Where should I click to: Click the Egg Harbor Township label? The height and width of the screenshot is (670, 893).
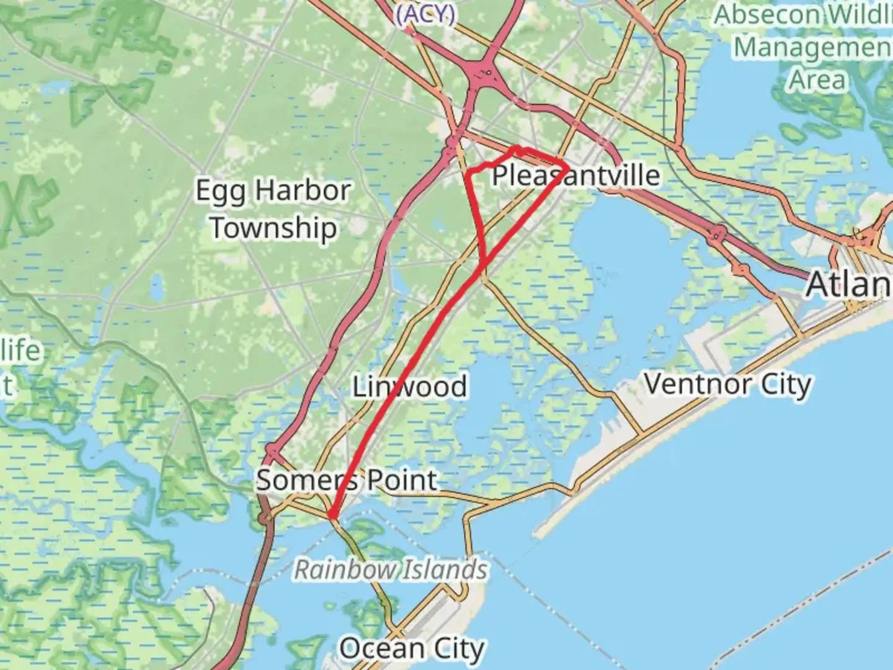click(273, 209)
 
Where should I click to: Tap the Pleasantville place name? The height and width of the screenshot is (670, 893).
click(575, 176)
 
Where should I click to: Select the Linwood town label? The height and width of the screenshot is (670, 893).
click(409, 386)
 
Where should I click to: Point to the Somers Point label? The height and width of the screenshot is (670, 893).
click(347, 480)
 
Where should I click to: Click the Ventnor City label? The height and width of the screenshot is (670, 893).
click(727, 384)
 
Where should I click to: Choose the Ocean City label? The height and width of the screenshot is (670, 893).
click(411, 649)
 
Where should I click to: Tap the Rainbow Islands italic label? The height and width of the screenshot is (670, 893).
click(391, 569)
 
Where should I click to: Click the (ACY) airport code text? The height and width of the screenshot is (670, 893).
click(425, 14)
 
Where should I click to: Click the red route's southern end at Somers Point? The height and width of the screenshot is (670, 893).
click(332, 515)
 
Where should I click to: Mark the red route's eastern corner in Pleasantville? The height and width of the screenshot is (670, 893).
click(567, 166)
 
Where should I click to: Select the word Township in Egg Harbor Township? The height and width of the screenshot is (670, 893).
click(273, 228)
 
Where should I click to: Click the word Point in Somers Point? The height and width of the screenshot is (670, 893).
click(402, 480)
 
